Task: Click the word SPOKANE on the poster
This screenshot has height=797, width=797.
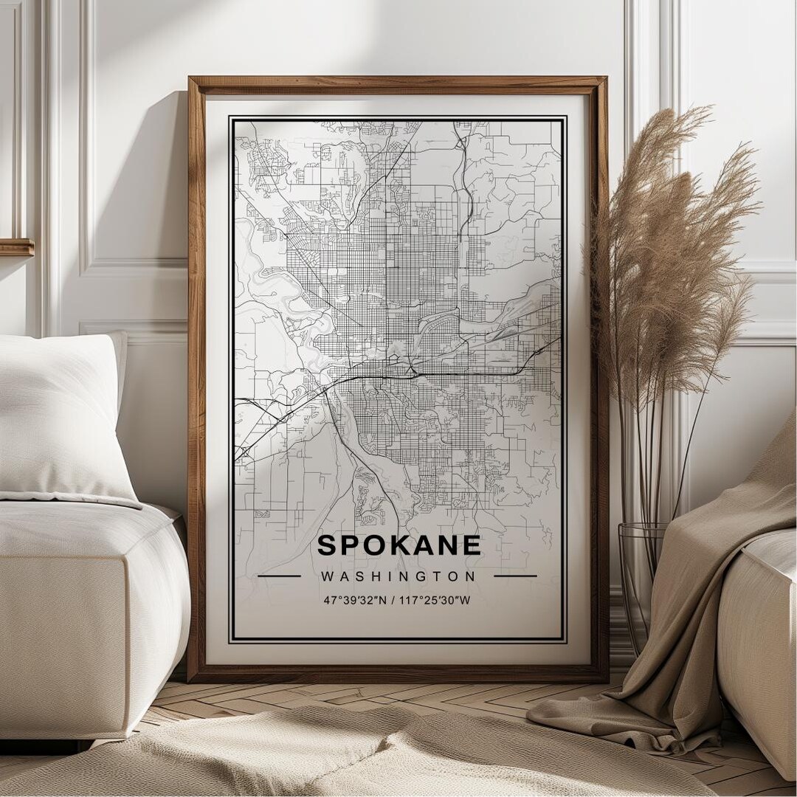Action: (398, 545)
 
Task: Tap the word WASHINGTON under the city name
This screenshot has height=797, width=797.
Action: (398, 576)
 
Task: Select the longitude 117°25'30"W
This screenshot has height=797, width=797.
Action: (435, 600)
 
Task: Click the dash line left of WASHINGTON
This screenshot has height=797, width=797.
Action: (280, 576)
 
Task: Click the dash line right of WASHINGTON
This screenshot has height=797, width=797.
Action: (515, 576)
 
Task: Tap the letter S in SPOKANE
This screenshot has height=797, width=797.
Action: (327, 545)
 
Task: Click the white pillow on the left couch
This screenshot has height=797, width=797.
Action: (59, 413)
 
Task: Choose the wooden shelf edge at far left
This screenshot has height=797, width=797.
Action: (16, 247)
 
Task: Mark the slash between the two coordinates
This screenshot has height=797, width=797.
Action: (392, 600)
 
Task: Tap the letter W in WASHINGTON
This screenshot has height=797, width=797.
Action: (327, 576)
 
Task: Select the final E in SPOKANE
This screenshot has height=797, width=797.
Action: (472, 545)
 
